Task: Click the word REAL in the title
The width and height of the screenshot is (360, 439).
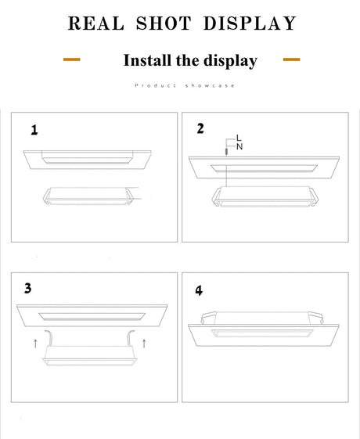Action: pos(96,23)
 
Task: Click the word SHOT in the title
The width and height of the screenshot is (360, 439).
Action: pos(164,23)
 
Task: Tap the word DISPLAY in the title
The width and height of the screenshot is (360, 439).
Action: pos(250,23)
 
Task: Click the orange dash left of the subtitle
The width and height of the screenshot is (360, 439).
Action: pos(72,59)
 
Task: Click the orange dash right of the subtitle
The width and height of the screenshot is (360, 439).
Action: pos(291,59)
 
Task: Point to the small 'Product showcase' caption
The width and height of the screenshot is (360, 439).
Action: pos(185,85)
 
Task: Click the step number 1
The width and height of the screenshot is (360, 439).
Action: pos(34,130)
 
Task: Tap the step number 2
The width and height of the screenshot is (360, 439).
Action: pos(200,128)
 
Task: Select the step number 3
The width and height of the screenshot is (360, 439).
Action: pos(27,289)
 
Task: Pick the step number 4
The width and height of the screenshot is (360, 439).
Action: pos(199,291)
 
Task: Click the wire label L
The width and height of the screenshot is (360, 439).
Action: pos(239,138)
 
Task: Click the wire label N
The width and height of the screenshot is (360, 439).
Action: pos(239,146)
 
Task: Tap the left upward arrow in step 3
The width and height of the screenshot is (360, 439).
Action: pos(35,344)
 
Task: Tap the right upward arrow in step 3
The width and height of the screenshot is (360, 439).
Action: pos(144,344)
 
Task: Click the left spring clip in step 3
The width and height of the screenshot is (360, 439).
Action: pos(49,338)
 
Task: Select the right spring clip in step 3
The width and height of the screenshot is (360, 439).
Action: pos(131,338)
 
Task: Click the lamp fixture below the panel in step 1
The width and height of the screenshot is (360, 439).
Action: pos(88,196)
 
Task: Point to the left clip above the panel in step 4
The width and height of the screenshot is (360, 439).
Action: pos(208,317)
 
